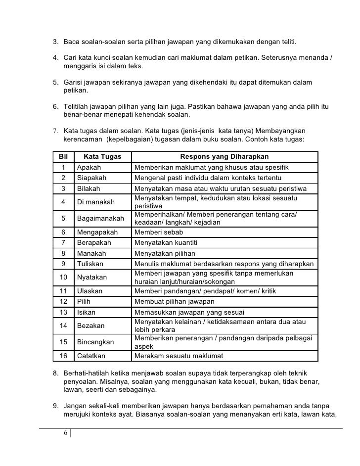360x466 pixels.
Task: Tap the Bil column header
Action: click(63, 157)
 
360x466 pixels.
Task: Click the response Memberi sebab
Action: click(158, 232)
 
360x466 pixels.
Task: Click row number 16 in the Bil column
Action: click(63, 356)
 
